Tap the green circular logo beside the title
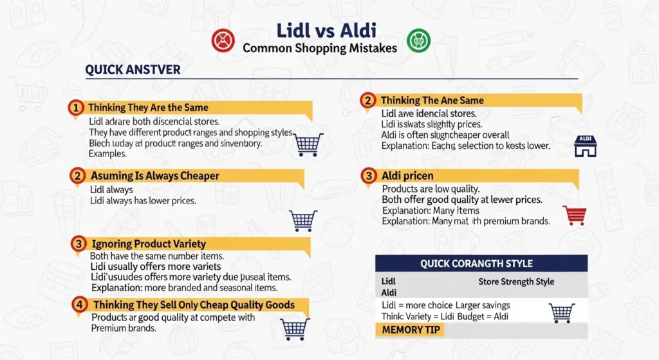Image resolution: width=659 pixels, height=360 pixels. (419, 41)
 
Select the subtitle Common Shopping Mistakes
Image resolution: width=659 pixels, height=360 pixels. (320, 48)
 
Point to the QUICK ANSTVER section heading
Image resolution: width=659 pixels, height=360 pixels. (133, 69)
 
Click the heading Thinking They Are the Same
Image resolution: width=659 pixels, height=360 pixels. (148, 108)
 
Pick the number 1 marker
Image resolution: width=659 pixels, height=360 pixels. (76, 108)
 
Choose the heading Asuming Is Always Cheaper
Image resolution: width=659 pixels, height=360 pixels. (154, 176)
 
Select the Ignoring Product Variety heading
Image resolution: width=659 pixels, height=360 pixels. (148, 244)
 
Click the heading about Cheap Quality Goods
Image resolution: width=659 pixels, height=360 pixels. (194, 305)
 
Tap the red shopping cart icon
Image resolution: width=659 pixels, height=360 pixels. (574, 215)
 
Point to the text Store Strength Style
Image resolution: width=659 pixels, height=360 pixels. (516, 281)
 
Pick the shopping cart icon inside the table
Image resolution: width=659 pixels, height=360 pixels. (561, 312)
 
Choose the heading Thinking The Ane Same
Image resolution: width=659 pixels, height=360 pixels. (432, 100)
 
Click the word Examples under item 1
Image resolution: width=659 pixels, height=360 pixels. (107, 155)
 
